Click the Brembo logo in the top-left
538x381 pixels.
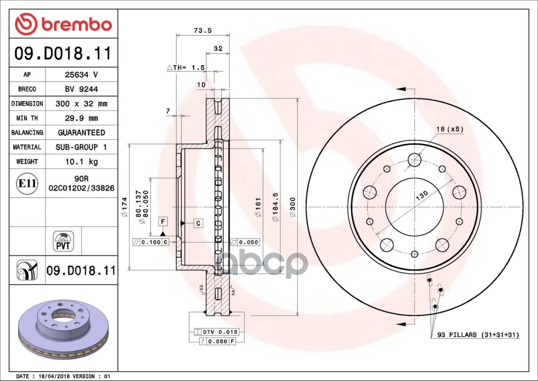coord(63,24)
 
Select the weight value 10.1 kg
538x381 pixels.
coord(82,161)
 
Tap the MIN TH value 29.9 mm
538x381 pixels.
coord(82,118)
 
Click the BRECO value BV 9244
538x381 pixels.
coord(82,89)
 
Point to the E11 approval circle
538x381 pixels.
coord(27,183)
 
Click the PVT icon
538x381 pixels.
coord(63,241)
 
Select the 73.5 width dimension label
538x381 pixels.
coord(203,31)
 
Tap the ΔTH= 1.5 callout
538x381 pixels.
coord(186,68)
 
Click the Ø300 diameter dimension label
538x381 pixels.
coord(293,207)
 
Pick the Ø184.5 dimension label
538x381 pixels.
coord(275,207)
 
